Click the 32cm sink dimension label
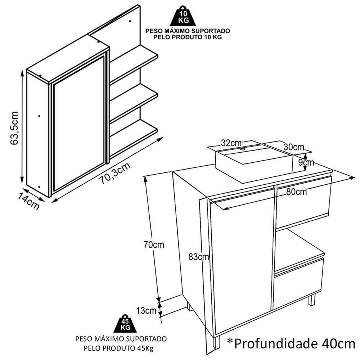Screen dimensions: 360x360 click(x=230, y=143)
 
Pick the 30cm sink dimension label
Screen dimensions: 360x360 click(x=293, y=147)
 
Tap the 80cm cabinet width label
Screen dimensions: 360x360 click(x=297, y=192)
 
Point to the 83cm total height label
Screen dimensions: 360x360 click(x=198, y=257)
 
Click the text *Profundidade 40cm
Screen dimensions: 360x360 click(x=291, y=343)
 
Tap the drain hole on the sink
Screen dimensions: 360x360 click(x=242, y=148)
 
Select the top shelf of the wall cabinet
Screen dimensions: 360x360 click(x=134, y=58)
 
